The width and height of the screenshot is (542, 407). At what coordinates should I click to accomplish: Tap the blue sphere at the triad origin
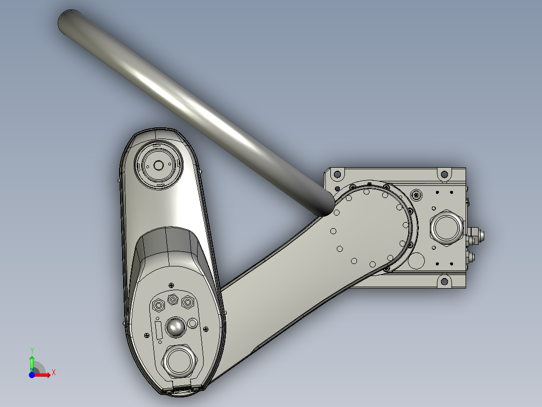[32, 375]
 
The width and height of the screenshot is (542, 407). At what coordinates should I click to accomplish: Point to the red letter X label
[53, 373]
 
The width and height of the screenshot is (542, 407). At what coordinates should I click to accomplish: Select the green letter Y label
[32, 350]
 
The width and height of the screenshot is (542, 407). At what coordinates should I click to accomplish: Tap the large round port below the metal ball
[178, 361]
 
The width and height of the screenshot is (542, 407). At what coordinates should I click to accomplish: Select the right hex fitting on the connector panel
[188, 302]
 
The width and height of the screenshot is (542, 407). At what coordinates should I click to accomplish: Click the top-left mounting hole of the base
[337, 174]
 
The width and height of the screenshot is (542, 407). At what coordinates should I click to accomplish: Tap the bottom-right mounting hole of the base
[444, 281]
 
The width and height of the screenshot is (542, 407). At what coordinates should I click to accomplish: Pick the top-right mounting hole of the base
[444, 174]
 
